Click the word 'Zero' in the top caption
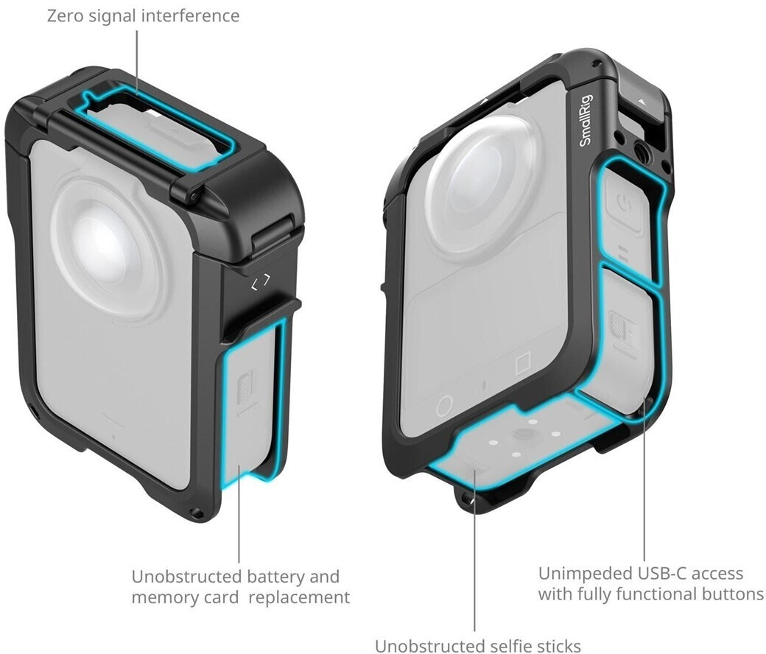pyautogui.click(x=65, y=15)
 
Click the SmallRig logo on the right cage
pyautogui.click(x=586, y=120)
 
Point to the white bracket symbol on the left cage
pyautogui.click(x=261, y=282)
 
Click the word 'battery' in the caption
pyautogui.click(x=275, y=577)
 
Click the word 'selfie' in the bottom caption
pyautogui.click(x=509, y=645)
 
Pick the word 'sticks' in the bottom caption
pyautogui.click(x=559, y=645)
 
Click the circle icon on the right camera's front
pyautogui.click(x=445, y=405)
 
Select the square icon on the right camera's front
pyautogui.click(x=523, y=363)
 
